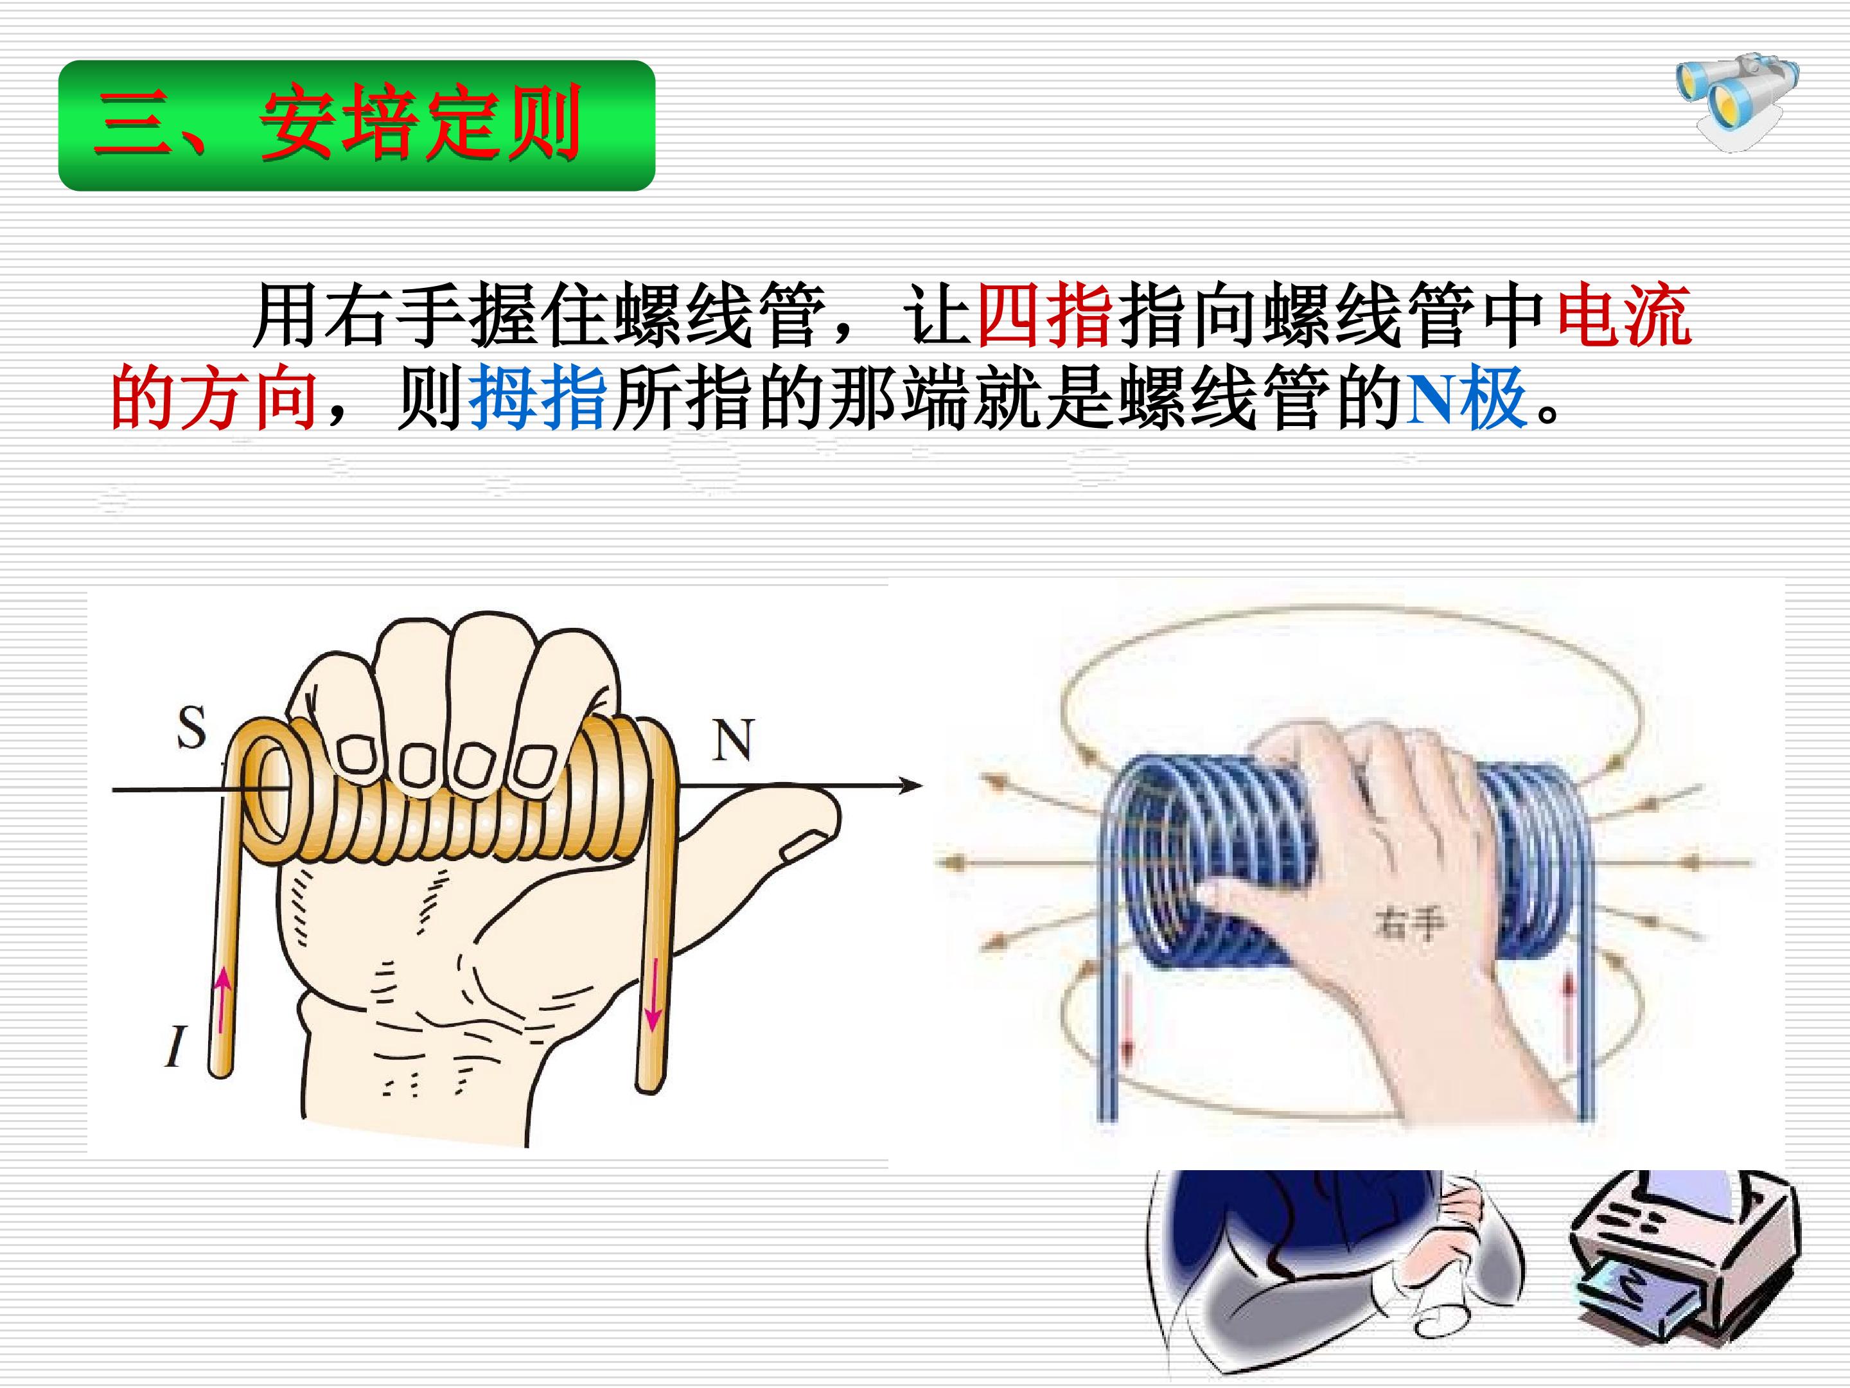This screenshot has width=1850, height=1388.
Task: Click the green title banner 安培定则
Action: point(357,125)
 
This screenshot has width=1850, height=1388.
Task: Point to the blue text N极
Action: point(1468,398)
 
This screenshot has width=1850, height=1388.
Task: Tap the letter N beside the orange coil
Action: point(734,739)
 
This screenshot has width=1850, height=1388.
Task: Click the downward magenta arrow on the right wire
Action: point(653,995)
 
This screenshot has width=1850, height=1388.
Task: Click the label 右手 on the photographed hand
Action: point(1409,923)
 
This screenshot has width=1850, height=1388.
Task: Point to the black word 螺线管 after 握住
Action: point(719,316)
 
